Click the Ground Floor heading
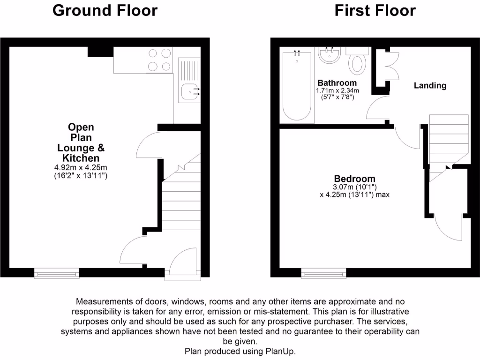click(x=105, y=10)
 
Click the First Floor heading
click(x=375, y=10)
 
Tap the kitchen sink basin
click(x=189, y=92)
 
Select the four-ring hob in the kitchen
click(x=159, y=60)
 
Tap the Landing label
click(x=430, y=85)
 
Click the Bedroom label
click(x=354, y=179)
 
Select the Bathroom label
click(x=337, y=83)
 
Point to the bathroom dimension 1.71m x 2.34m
click(x=337, y=90)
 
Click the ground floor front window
click(x=57, y=273)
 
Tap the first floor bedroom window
click(x=323, y=273)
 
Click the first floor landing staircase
click(x=449, y=141)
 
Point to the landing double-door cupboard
click(x=390, y=66)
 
